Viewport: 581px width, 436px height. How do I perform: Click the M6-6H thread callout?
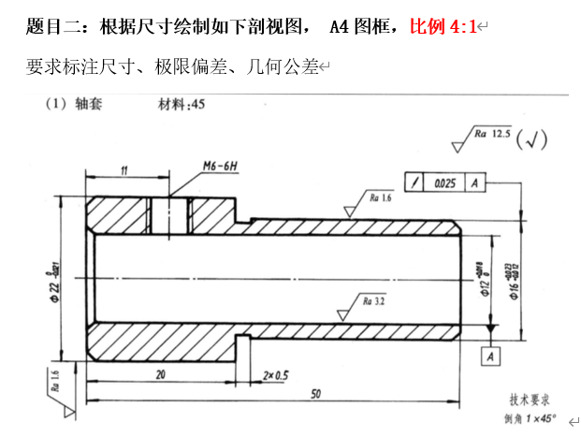pos(221,166)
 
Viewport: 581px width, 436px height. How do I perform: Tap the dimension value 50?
pos(314,394)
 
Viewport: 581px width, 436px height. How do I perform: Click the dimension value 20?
pos(161,374)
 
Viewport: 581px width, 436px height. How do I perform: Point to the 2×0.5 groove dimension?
pos(276,374)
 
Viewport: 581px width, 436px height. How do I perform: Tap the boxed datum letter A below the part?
pos(491,356)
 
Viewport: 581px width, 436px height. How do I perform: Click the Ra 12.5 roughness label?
pos(493,135)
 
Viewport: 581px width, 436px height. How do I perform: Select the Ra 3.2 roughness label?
pos(376,302)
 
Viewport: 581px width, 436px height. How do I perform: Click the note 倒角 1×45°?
pos(530,418)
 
